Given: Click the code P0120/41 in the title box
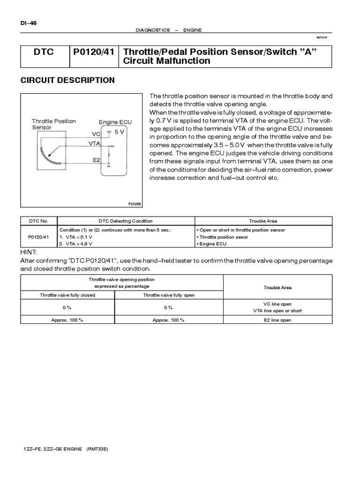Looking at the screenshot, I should tap(93, 52).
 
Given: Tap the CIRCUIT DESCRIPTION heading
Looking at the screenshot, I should tap(67, 80).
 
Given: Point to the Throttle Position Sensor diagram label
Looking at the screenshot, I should tap(53, 124).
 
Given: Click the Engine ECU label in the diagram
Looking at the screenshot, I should tap(115, 122).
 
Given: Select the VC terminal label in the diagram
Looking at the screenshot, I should tap(97, 134).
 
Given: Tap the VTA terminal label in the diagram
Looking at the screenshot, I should tap(95, 143).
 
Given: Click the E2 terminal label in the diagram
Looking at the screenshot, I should tap(97, 160).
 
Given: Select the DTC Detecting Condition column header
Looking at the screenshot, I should tap(125, 221).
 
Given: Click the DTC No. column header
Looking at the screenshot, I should tap(38, 221).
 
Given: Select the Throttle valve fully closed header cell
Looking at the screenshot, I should tap(67, 295).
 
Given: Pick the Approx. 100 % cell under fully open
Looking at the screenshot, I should tap(168, 320).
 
